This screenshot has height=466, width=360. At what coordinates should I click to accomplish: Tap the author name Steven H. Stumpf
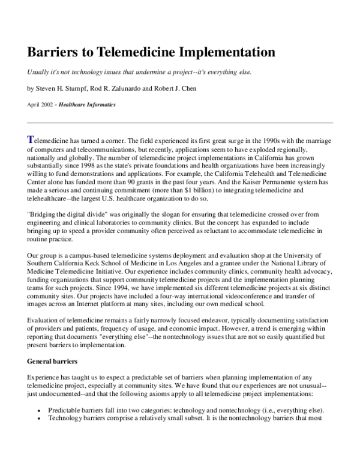tap(64, 89)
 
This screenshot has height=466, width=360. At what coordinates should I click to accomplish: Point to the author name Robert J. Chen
tap(185, 89)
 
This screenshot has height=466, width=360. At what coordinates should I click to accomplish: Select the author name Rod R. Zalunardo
tap(124, 89)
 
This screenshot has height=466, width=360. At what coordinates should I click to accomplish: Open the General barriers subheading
tap(53, 362)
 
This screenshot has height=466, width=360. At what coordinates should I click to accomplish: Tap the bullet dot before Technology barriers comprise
tap(39, 419)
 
